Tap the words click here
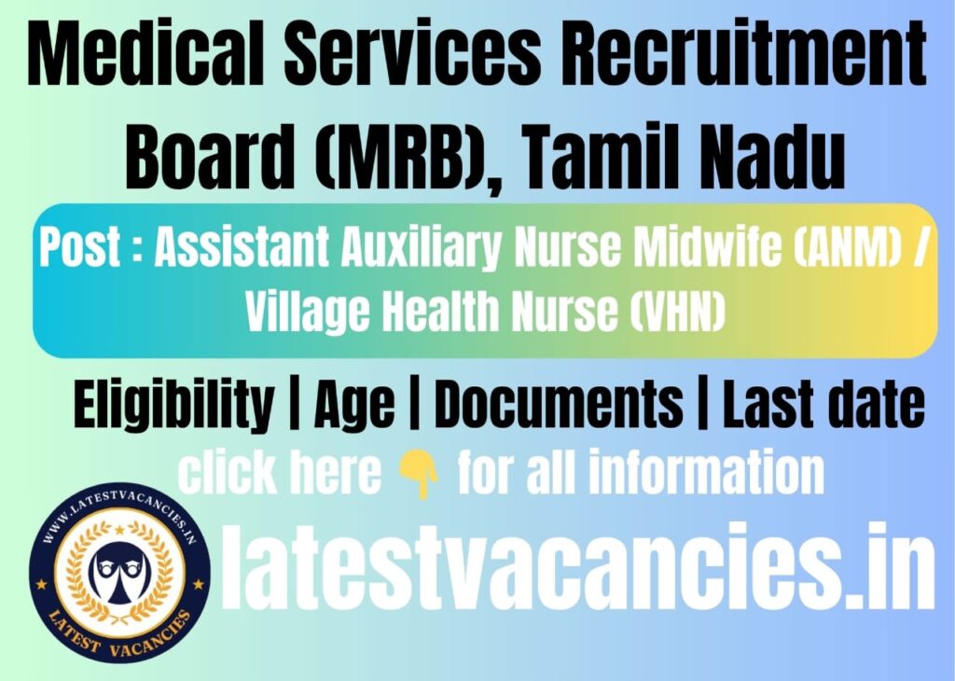(280, 474)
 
